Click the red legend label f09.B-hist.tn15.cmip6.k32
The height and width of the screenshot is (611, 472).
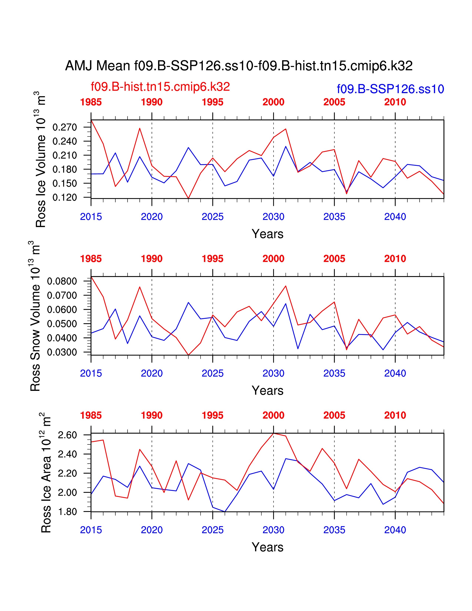(160, 87)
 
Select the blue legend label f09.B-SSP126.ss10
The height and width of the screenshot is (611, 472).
(390, 89)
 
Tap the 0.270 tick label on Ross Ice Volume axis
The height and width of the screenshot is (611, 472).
(65, 127)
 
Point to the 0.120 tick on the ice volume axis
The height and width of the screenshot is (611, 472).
(65, 198)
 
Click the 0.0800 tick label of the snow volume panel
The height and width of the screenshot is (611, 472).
(62, 281)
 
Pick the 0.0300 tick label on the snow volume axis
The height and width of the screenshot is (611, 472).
(62, 352)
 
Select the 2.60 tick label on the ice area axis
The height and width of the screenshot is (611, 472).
(67, 435)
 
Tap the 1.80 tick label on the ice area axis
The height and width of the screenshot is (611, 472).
(67, 512)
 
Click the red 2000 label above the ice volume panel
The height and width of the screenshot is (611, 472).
(273, 102)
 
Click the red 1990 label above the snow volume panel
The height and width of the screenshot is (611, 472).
(152, 259)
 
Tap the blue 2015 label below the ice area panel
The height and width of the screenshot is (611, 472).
(91, 530)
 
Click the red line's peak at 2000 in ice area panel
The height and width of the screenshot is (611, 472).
(273, 433)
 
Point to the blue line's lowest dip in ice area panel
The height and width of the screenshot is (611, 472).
(225, 512)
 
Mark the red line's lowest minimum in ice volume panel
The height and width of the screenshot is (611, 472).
(188, 198)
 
